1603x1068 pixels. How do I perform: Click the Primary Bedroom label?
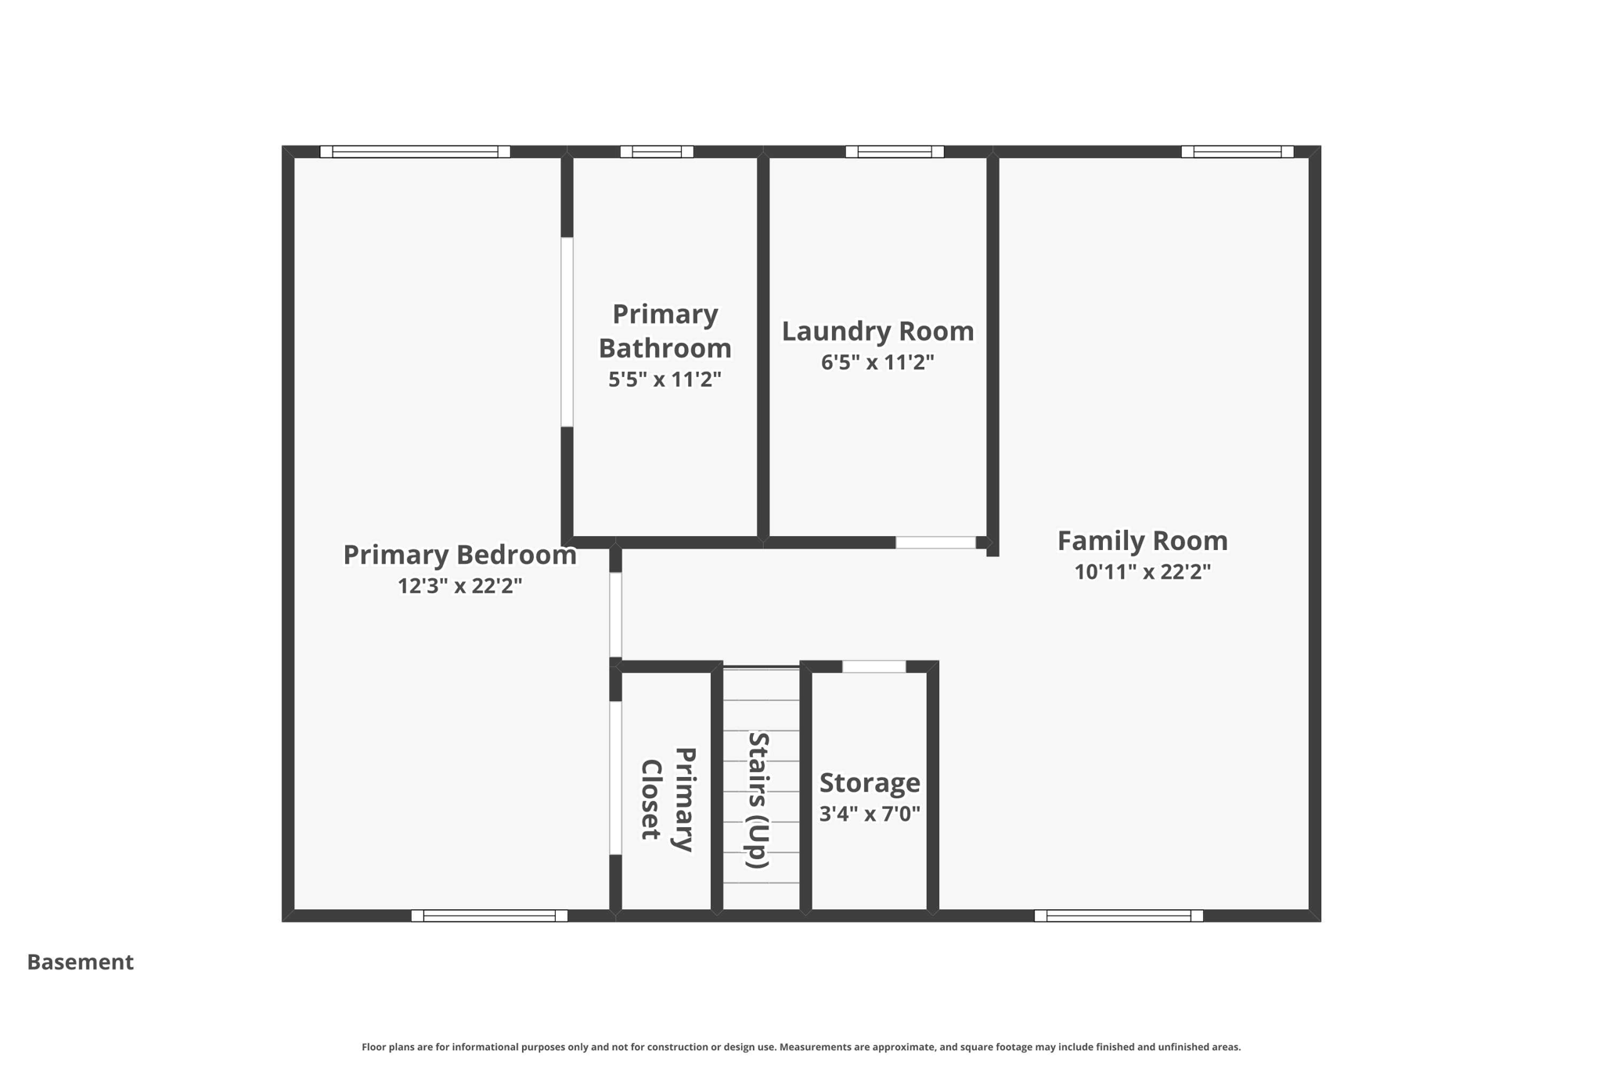click(x=459, y=555)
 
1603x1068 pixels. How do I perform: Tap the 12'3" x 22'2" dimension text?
click(x=459, y=586)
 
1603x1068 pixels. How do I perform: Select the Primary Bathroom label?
click(x=665, y=331)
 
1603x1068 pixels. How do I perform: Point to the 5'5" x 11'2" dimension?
click(x=665, y=379)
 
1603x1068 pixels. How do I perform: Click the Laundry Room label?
click(x=877, y=331)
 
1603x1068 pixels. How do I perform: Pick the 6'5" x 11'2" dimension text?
click(x=877, y=362)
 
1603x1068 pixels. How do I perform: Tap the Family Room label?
click(x=1142, y=541)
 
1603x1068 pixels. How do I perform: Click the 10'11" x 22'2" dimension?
click(x=1142, y=572)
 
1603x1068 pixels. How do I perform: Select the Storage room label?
click(x=870, y=782)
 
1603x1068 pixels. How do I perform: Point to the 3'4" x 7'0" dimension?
click(x=870, y=814)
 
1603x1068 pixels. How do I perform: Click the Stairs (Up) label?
click(x=758, y=800)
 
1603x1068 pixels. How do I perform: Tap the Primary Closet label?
click(x=667, y=800)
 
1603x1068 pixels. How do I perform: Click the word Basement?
click(x=80, y=962)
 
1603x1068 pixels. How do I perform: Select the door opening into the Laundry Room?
click(x=935, y=542)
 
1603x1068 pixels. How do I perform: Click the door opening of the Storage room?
click(x=874, y=667)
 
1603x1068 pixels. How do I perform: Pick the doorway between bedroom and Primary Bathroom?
click(x=567, y=332)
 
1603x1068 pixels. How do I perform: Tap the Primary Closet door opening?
click(x=616, y=777)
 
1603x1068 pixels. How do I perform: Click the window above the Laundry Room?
click(x=895, y=152)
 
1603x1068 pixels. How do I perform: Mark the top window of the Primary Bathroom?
click(x=657, y=152)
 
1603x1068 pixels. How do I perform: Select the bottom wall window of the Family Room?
click(x=1118, y=915)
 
